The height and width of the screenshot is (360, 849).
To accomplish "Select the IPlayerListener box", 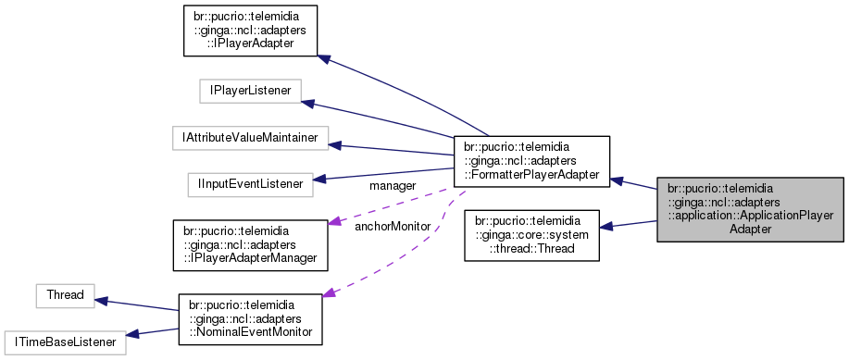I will (x=245, y=91).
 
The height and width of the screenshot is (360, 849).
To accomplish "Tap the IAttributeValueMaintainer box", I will (x=251, y=138).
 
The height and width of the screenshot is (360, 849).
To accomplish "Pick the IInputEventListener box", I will (x=249, y=184).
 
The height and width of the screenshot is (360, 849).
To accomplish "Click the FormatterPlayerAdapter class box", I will (x=531, y=159).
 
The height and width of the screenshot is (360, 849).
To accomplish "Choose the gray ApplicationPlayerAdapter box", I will (x=750, y=208).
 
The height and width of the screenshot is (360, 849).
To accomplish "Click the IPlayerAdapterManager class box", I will (x=251, y=243).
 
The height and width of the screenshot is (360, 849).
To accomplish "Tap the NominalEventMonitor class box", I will (x=250, y=318).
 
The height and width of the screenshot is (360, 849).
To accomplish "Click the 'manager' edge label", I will (x=392, y=187).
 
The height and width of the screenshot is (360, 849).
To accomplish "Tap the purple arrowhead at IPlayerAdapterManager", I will (x=335, y=223).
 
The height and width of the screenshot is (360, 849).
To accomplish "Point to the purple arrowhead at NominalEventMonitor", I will (x=329, y=293).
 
